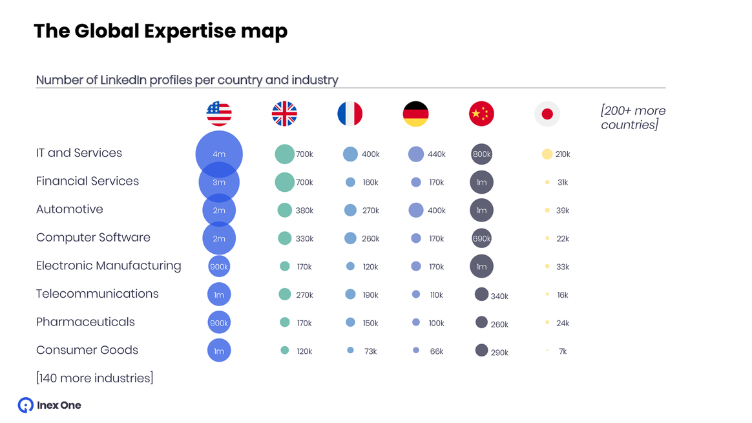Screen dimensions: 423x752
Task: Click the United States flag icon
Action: [x=219, y=114]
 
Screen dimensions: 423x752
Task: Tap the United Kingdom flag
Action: [x=284, y=114]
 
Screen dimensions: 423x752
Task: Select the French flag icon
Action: [x=350, y=114]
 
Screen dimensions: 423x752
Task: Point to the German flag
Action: [x=415, y=114]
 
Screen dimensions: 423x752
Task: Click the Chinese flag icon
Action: [x=481, y=114]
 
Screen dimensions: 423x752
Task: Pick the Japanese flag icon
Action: [x=547, y=114]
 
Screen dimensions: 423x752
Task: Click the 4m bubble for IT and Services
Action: [x=219, y=154]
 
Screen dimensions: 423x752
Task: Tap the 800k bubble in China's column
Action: [x=481, y=154]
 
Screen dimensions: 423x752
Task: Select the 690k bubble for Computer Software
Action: [x=481, y=238]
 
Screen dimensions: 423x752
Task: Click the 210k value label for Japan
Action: [x=563, y=154]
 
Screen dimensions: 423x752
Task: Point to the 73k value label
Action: [x=370, y=351]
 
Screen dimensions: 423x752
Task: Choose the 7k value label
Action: [x=563, y=351]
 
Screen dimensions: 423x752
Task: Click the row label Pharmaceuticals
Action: [x=85, y=322]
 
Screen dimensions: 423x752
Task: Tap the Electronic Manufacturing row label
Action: [x=109, y=265]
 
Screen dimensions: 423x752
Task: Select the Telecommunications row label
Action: [x=97, y=294]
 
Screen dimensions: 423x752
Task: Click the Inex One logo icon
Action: [x=26, y=405]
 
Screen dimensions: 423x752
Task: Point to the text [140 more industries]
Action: [x=94, y=378]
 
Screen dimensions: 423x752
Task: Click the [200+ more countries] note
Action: [x=632, y=118]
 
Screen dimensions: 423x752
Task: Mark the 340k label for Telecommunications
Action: [x=499, y=296]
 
